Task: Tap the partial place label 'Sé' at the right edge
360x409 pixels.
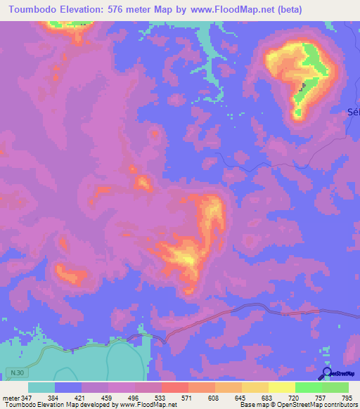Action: pos(354,112)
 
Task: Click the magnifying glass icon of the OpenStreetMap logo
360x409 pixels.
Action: pos(328,373)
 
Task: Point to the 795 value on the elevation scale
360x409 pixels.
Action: pos(347,398)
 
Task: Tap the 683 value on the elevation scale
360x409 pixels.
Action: pos(268,398)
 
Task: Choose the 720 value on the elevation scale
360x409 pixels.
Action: pos(295,398)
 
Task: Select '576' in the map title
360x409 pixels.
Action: pos(123,10)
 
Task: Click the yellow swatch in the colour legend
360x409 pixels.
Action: pos(281,387)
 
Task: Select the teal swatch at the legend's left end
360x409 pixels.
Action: pos(41,387)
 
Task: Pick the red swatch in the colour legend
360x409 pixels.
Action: pos(174,387)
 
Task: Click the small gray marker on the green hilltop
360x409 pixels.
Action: pos(304,86)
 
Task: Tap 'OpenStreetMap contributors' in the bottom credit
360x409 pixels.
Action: pos(314,405)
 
